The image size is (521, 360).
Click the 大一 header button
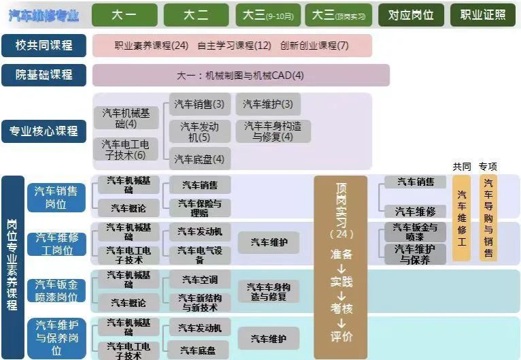click(125, 15)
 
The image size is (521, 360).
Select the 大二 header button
click(196, 15)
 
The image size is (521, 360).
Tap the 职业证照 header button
click(483, 15)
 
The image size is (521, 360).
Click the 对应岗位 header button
click(411, 15)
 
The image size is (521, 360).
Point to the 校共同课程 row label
click(44, 46)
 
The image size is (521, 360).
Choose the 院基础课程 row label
click(44, 75)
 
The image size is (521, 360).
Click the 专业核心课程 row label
click(44, 131)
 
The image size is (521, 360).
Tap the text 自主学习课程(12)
click(234, 46)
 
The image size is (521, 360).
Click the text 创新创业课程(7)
click(314, 46)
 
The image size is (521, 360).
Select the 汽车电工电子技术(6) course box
click(126, 150)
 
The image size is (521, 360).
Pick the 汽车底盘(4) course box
click(199, 159)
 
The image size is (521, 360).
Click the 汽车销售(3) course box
click(199, 104)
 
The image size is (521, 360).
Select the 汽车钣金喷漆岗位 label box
click(56, 291)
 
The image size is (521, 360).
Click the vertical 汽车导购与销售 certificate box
click(488, 218)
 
